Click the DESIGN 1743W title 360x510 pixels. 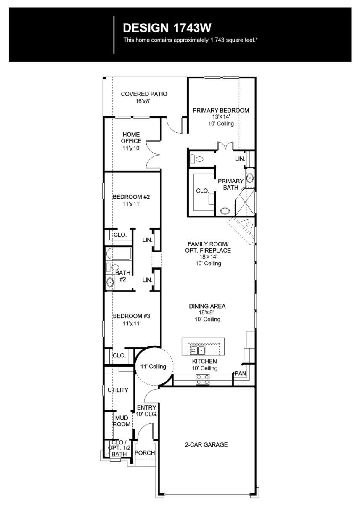tap(167, 28)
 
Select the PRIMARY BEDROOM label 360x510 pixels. tap(221, 111)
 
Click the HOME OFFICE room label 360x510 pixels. tap(131, 137)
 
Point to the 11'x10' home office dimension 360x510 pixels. tap(131, 148)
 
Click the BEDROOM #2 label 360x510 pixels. tap(131, 197)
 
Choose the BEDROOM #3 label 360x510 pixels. tap(131, 316)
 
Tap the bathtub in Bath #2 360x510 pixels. tap(119, 254)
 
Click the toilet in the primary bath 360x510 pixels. tap(197, 159)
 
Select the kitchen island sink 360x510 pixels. tap(197, 349)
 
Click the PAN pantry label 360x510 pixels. tap(240, 373)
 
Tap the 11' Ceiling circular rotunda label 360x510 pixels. tap(153, 367)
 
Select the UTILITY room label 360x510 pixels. tap(118, 390)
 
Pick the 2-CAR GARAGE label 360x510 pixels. tap(206, 444)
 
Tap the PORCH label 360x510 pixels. tap(145, 453)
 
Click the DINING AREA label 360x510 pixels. tap(207, 307)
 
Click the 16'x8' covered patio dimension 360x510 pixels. tap(143, 101)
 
